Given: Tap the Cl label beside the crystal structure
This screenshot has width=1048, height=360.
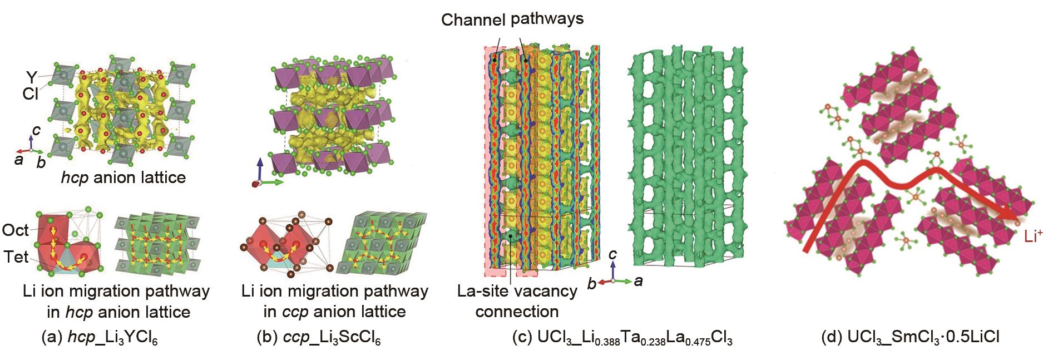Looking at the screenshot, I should click(30, 94).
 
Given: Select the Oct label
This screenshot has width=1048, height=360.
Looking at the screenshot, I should click(15, 230).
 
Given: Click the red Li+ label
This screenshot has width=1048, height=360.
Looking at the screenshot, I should click(1033, 236).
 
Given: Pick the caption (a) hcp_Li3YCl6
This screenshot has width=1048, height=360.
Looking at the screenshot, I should click(100, 338).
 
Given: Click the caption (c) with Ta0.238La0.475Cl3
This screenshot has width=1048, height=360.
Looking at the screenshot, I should click(622, 338).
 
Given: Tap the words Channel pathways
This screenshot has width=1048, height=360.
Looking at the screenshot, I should click(512, 19).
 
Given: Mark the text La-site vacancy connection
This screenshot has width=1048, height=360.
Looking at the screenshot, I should click(517, 301).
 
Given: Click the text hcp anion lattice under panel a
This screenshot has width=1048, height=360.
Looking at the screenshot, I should click(123, 177).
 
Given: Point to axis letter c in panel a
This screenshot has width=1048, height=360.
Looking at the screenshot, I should click(36, 130).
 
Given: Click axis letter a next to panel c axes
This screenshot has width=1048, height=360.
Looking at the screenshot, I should click(639, 281).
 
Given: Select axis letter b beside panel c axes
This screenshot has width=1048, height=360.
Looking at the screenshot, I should click(592, 284).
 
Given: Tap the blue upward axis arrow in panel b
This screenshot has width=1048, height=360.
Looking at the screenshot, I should click(259, 167).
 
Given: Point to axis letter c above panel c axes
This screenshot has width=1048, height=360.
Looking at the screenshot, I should click(612, 254).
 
